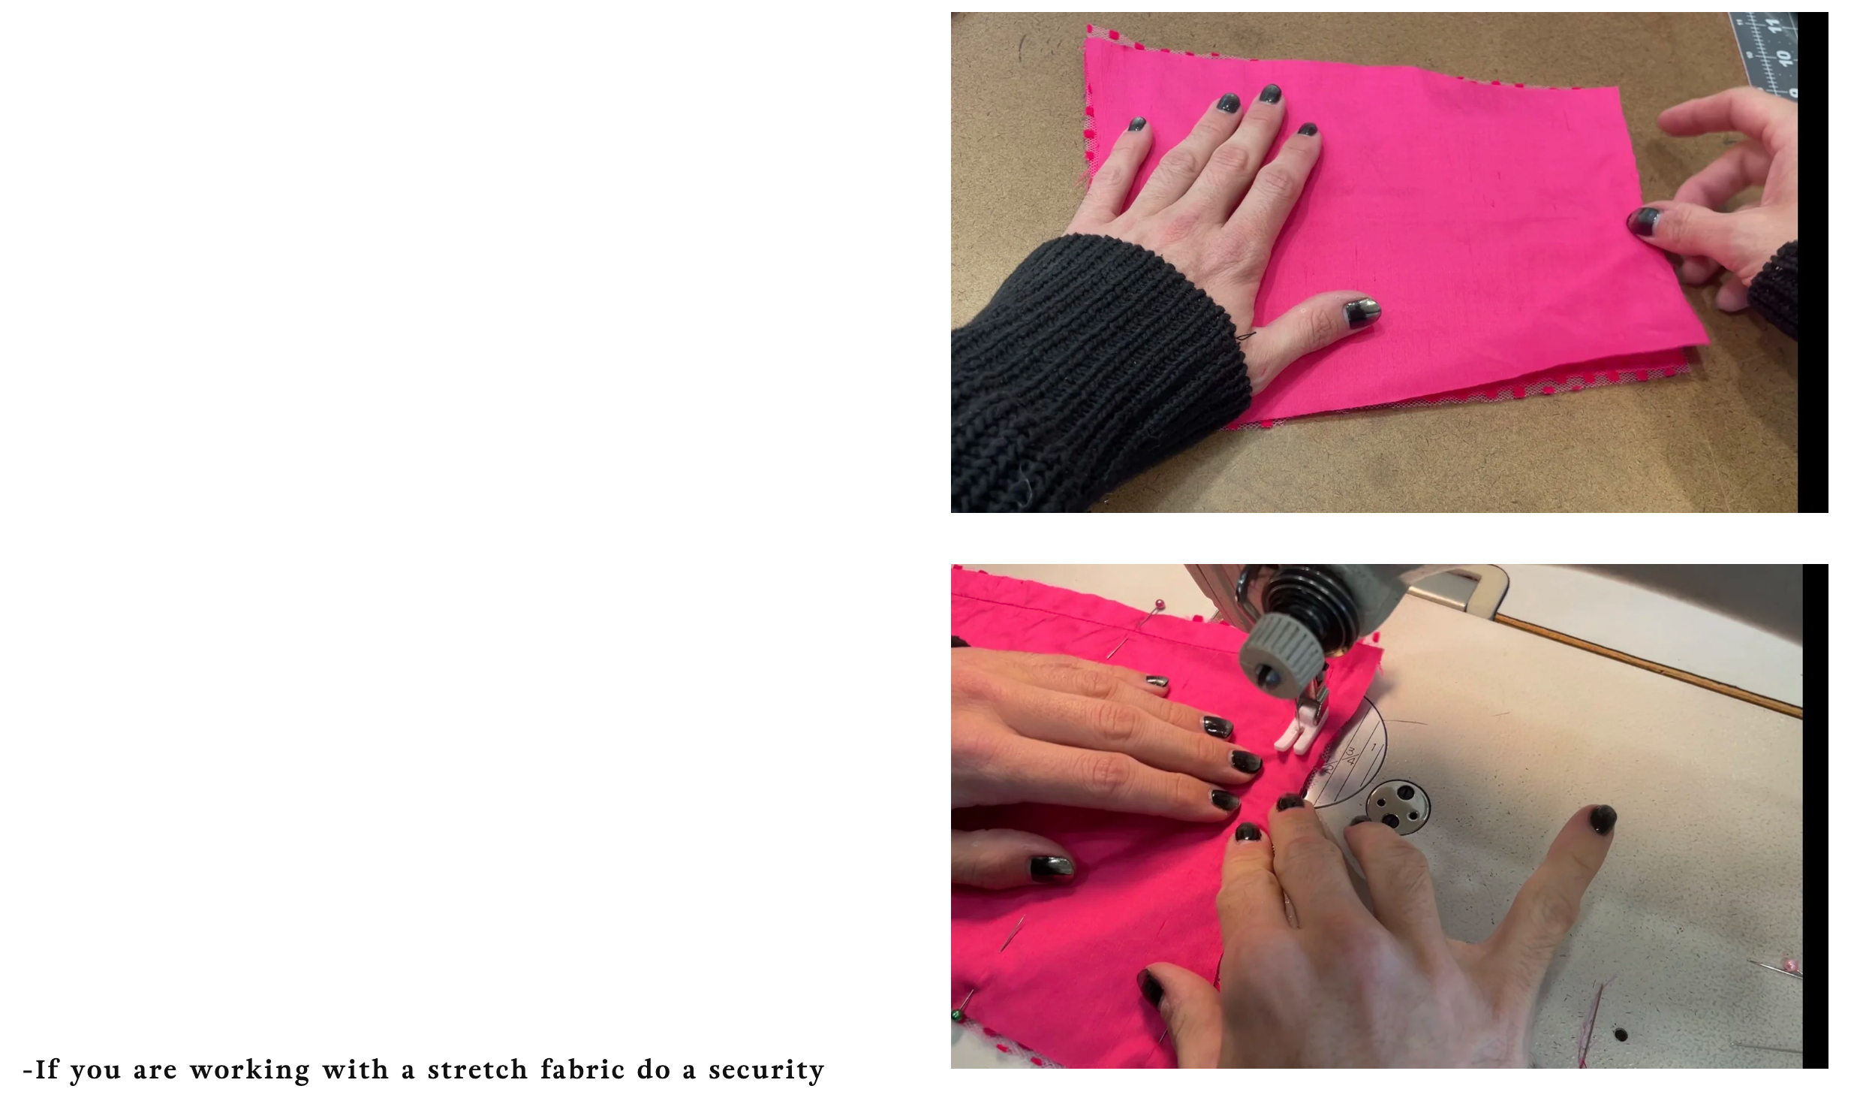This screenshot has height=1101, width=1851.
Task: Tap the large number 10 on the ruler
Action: click(x=1783, y=57)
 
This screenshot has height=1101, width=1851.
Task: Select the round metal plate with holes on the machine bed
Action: click(x=1397, y=807)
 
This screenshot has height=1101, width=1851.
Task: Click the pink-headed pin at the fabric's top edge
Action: click(x=1160, y=604)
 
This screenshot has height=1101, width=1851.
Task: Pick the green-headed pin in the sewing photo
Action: click(x=958, y=1015)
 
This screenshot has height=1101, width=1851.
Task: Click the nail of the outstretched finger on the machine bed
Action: click(x=1602, y=819)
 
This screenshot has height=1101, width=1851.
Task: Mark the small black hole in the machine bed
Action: click(x=1621, y=1034)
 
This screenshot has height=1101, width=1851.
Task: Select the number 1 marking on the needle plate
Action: click(x=1374, y=748)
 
